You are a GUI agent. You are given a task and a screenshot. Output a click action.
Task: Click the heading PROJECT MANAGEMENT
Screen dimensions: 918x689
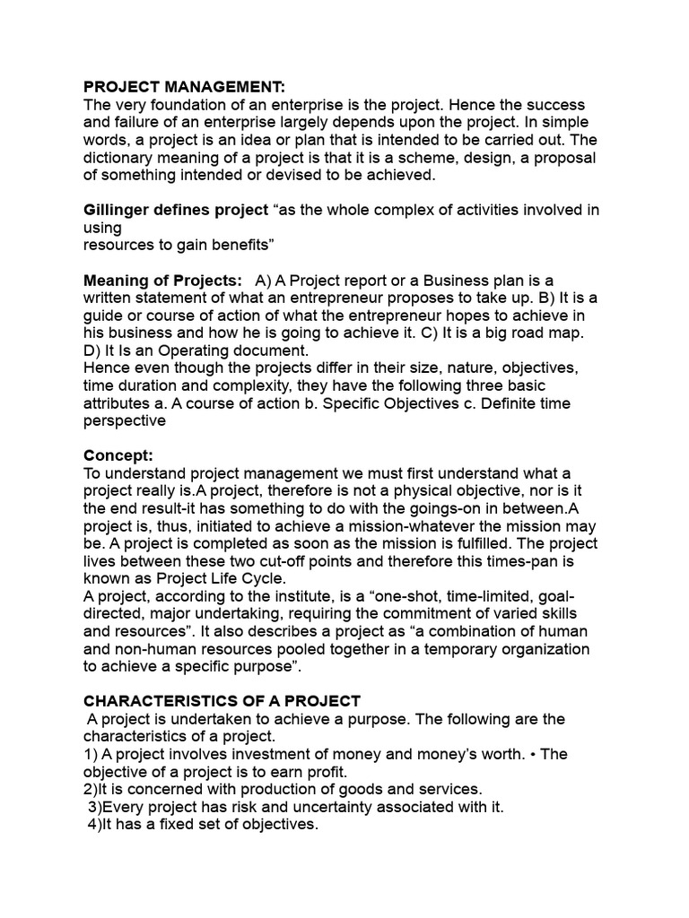(184, 87)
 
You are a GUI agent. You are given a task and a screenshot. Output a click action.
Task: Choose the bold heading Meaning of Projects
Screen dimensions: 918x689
(161, 281)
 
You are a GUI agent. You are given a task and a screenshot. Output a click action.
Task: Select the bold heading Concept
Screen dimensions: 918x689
(118, 455)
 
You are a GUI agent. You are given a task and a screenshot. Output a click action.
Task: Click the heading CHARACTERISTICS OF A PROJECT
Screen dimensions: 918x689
(222, 701)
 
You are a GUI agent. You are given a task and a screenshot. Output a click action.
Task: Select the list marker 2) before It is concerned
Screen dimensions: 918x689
(92, 789)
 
